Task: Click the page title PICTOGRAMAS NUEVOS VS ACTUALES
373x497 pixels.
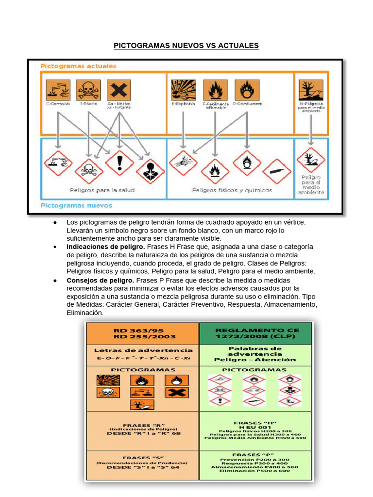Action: pyautogui.click(x=186, y=46)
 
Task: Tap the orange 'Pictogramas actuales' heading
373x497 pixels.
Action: pyautogui.click(x=78, y=66)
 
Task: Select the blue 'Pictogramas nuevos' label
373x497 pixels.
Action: pyautogui.click(x=76, y=205)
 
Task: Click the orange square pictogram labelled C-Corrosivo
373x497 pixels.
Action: pyautogui.click(x=58, y=90)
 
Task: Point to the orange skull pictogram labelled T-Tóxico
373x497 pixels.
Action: pyautogui.click(x=88, y=90)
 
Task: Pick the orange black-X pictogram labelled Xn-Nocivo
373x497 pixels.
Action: pyautogui.click(x=119, y=90)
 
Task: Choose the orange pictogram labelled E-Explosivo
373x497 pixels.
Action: pyautogui.click(x=183, y=90)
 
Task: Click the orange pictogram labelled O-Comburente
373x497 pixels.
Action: pyautogui.click(x=247, y=90)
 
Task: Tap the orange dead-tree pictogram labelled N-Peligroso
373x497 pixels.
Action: pyautogui.click(x=311, y=90)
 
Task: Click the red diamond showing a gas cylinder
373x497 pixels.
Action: pyautogui.click(x=277, y=171)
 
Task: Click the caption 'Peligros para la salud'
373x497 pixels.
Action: pyautogui.click(x=102, y=190)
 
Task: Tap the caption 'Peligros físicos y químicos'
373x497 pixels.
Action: pyautogui.click(x=232, y=190)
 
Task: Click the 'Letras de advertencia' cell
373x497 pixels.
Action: pyautogui.click(x=143, y=350)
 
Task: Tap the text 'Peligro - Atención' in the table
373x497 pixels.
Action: pyautogui.click(x=255, y=360)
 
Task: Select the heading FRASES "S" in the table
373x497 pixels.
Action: pyautogui.click(x=143, y=457)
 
